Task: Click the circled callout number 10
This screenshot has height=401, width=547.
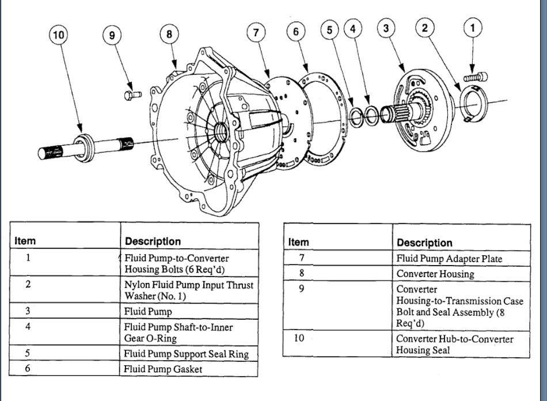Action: tap(58, 35)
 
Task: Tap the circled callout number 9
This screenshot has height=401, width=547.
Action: tap(112, 35)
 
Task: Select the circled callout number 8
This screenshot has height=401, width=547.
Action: tap(169, 34)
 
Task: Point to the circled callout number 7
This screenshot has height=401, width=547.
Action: tap(256, 33)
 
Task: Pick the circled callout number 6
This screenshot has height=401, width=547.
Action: tap(296, 32)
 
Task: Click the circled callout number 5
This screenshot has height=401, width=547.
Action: tap(329, 30)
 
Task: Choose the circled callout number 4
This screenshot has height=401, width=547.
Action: tap(354, 28)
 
